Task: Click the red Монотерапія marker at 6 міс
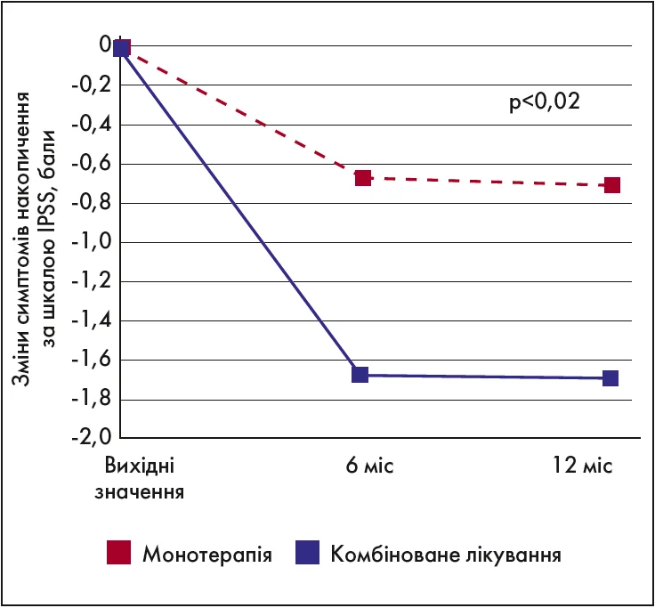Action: (363, 178)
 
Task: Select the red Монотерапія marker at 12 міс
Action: (611, 185)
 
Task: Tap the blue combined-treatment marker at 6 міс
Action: (360, 375)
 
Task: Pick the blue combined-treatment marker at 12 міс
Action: (611, 378)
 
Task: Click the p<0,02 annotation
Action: (545, 102)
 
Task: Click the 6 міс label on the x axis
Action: (364, 467)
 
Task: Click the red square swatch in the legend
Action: (118, 553)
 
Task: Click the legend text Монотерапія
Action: (206, 554)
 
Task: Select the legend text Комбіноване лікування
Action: (446, 554)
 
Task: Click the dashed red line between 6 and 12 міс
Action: (487, 182)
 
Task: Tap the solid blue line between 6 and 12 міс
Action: (485, 377)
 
